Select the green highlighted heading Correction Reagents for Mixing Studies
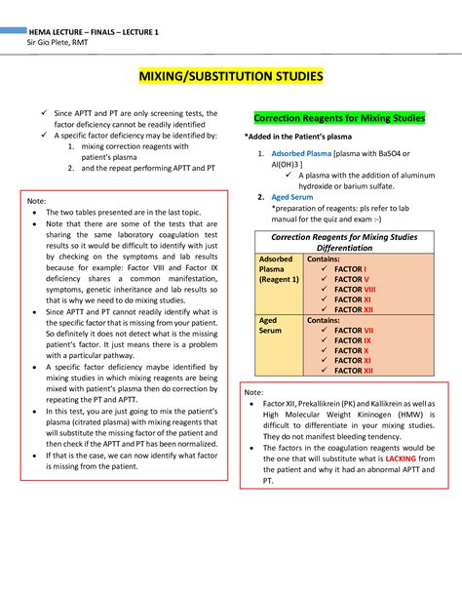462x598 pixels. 339,118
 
